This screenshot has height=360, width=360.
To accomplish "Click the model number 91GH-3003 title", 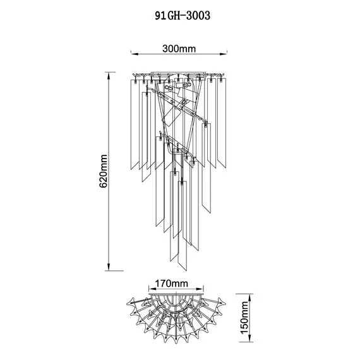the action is point(183,16).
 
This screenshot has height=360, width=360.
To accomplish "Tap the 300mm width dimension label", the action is point(179,49).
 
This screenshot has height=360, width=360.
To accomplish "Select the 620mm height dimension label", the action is point(104,171).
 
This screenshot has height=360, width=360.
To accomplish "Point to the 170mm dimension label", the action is point(172,284).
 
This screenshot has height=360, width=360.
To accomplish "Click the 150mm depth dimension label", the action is point(244,318).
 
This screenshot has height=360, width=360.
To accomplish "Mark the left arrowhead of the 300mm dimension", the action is point(135,54).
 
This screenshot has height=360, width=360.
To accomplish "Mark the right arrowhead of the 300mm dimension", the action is point(224,54).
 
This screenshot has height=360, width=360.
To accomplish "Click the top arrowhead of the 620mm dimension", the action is point(109,76).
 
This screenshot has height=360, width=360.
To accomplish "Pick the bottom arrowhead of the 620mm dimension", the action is point(109,267).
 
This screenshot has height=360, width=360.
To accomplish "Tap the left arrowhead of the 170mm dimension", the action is point(152,289).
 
